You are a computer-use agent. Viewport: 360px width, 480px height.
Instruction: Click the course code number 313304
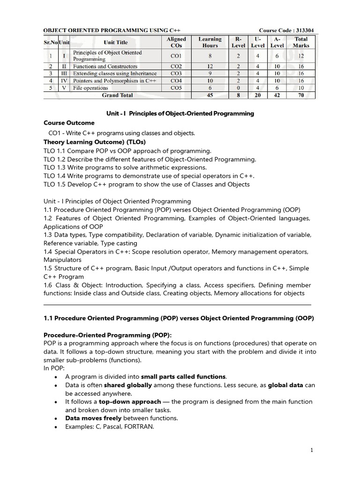(x=303, y=30)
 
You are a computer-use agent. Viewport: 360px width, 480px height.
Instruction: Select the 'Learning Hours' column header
(x=210, y=42)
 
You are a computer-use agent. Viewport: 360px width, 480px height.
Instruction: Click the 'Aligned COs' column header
(x=176, y=42)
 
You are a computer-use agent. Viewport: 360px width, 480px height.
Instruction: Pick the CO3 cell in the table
(x=176, y=74)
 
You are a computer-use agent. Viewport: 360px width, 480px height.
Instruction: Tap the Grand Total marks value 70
(x=301, y=95)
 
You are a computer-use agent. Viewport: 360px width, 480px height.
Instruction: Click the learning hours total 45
(x=210, y=95)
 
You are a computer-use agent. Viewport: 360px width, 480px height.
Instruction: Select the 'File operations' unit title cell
(x=90, y=88)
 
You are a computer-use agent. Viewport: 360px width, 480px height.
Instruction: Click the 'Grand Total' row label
(x=117, y=95)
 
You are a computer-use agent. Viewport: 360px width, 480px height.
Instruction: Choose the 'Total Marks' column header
(x=301, y=42)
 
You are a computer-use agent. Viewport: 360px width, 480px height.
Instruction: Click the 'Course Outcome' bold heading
(x=69, y=123)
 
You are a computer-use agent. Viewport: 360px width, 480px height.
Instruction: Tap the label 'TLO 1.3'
(x=54, y=167)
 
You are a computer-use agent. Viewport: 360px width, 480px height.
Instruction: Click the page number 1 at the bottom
(x=311, y=450)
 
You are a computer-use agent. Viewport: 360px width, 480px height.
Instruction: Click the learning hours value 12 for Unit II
(x=210, y=67)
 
